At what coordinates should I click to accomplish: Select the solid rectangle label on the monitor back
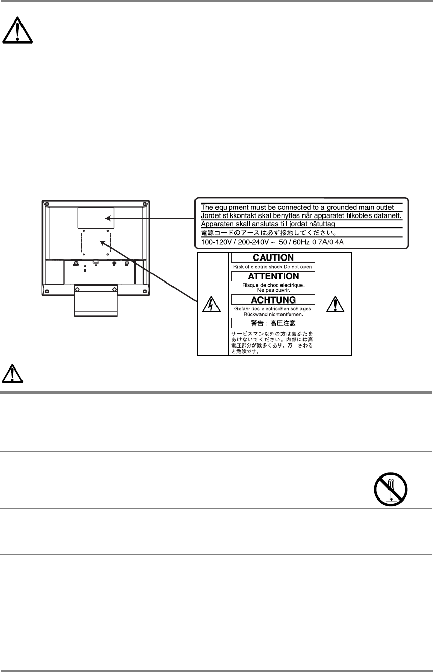tap(96, 218)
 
